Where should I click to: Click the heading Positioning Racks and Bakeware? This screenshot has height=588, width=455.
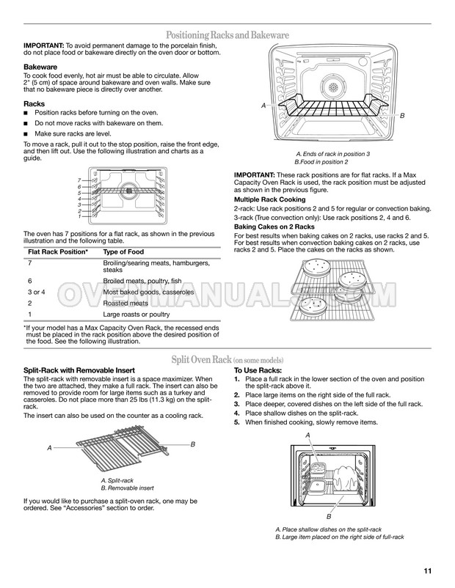click(x=227, y=35)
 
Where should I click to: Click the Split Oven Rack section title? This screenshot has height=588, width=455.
click(x=227, y=360)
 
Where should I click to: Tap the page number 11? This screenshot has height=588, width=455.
click(x=428, y=571)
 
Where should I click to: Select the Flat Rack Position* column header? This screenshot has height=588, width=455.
click(x=58, y=252)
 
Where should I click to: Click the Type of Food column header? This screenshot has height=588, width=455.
click(x=123, y=252)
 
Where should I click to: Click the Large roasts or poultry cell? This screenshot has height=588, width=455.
click(x=136, y=315)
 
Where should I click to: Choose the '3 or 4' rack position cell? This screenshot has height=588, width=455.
click(x=37, y=292)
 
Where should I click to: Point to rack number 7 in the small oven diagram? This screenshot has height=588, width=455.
click(x=79, y=180)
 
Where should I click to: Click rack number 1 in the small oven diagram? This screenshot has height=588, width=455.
click(x=79, y=216)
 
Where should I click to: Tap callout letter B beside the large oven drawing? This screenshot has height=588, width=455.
click(x=402, y=116)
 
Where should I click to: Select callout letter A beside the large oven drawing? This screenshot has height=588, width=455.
click(x=263, y=106)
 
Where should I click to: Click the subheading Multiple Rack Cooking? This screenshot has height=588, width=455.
click(x=270, y=199)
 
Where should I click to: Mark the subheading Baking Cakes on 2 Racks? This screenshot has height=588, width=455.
click(x=274, y=227)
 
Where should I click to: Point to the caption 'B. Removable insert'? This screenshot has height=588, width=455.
click(x=127, y=488)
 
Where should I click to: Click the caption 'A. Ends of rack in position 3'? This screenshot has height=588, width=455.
click(x=333, y=154)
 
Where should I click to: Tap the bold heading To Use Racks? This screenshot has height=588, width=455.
click(x=258, y=370)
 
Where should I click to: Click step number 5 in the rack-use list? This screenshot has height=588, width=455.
click(x=236, y=422)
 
